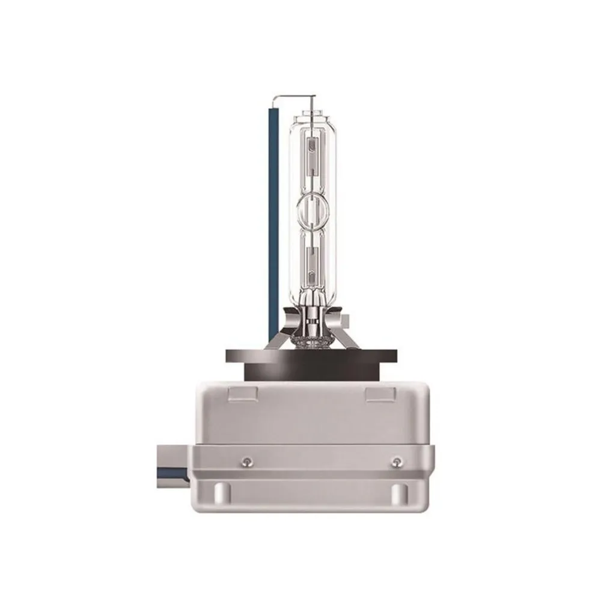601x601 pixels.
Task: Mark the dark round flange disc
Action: click(x=313, y=356)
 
